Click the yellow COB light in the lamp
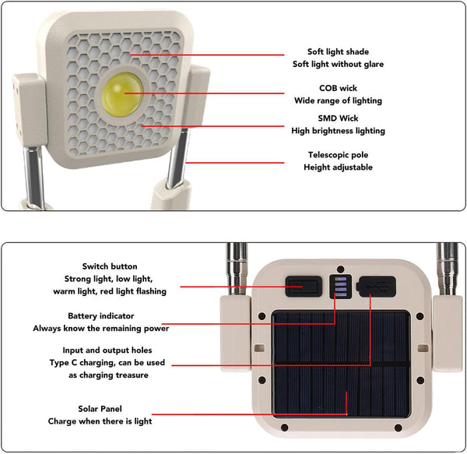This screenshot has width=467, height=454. click(x=123, y=95)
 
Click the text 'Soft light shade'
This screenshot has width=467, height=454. click(x=338, y=51)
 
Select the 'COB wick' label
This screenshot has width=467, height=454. click(x=338, y=88)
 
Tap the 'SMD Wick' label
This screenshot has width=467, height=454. click(x=338, y=118)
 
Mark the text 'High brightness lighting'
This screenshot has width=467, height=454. click(x=338, y=131)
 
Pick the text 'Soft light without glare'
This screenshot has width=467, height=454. click(x=338, y=64)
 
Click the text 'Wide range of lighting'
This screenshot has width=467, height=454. click(x=338, y=100)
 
